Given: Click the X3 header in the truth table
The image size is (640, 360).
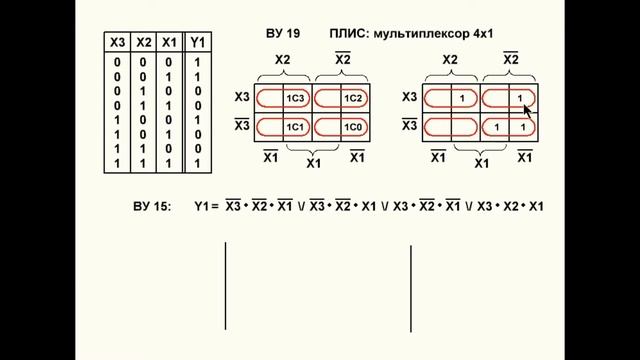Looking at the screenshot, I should (x=117, y=42).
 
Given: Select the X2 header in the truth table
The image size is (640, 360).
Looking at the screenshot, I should (x=144, y=42).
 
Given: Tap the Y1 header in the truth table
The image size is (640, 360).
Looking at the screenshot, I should (x=198, y=42).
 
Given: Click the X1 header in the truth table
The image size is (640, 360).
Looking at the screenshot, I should (x=170, y=42).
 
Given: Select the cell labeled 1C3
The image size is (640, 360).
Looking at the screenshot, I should (x=296, y=99).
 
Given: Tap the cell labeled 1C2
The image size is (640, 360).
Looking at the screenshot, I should (x=352, y=99).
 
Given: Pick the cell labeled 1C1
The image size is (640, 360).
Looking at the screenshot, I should (x=296, y=128).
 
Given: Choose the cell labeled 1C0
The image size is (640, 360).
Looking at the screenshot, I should (x=352, y=128).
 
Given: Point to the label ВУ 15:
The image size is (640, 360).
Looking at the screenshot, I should (x=151, y=207).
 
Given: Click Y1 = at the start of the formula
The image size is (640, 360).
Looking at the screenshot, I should (x=206, y=207).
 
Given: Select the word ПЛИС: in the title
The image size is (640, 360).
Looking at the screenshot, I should (x=349, y=34).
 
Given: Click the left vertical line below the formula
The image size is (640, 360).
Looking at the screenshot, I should (x=225, y=285).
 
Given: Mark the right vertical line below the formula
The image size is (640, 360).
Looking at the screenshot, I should (x=411, y=285).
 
